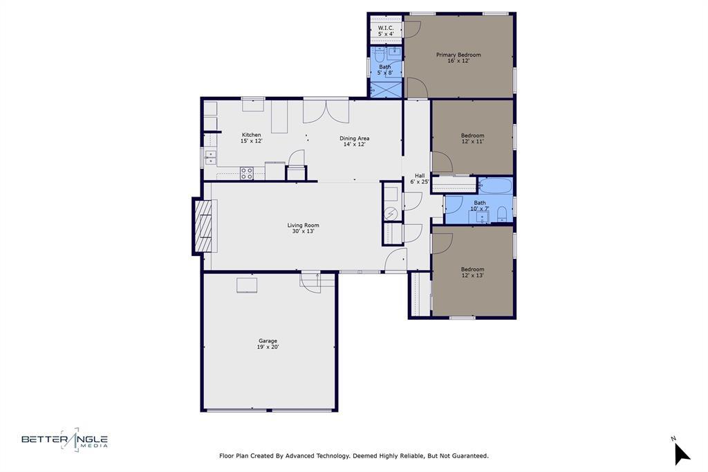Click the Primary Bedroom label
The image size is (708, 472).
(458, 57)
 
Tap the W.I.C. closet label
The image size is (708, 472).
(386, 30)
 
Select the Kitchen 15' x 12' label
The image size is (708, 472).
(251, 138)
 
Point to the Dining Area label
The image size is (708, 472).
(353, 141)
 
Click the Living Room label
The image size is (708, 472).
(303, 228)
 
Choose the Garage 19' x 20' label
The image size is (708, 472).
(268, 343)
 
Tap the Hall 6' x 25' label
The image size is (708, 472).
(420, 179)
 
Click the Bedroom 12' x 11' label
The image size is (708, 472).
(472, 138)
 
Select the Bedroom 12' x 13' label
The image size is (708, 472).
(472, 272)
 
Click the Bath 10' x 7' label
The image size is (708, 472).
(479, 206)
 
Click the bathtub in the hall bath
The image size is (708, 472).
(495, 186)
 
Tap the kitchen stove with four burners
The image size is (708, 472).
(247, 173)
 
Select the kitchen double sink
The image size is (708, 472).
(210, 157)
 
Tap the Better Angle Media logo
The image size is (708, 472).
(64, 439)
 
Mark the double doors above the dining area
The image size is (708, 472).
(326, 111)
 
